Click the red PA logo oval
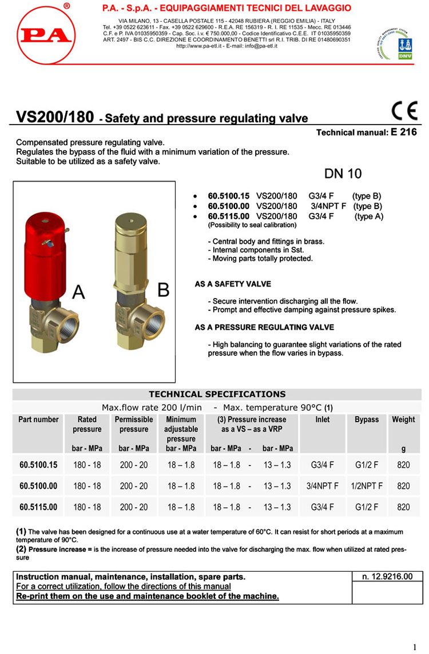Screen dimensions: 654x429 tap(44, 35)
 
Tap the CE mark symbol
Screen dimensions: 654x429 tap(404, 110)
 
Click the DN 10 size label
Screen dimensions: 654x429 tap(343, 174)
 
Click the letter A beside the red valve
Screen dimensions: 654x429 tap(78, 292)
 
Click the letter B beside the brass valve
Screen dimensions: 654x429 tap(163, 290)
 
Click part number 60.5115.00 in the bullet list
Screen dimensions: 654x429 tap(228, 216)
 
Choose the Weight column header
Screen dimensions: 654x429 tap(403, 419)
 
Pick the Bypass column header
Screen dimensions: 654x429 tap(367, 419)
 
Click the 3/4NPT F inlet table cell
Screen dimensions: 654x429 tap(323, 486)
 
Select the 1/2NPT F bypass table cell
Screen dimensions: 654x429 tap(367, 486)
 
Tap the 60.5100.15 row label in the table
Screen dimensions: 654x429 tap(38, 465)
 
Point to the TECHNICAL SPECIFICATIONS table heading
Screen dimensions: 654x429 tap(217, 394)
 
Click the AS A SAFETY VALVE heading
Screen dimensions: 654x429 tap(233, 284)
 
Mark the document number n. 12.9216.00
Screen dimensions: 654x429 tap(387, 577)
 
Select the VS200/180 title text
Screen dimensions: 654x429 tap(54, 117)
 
